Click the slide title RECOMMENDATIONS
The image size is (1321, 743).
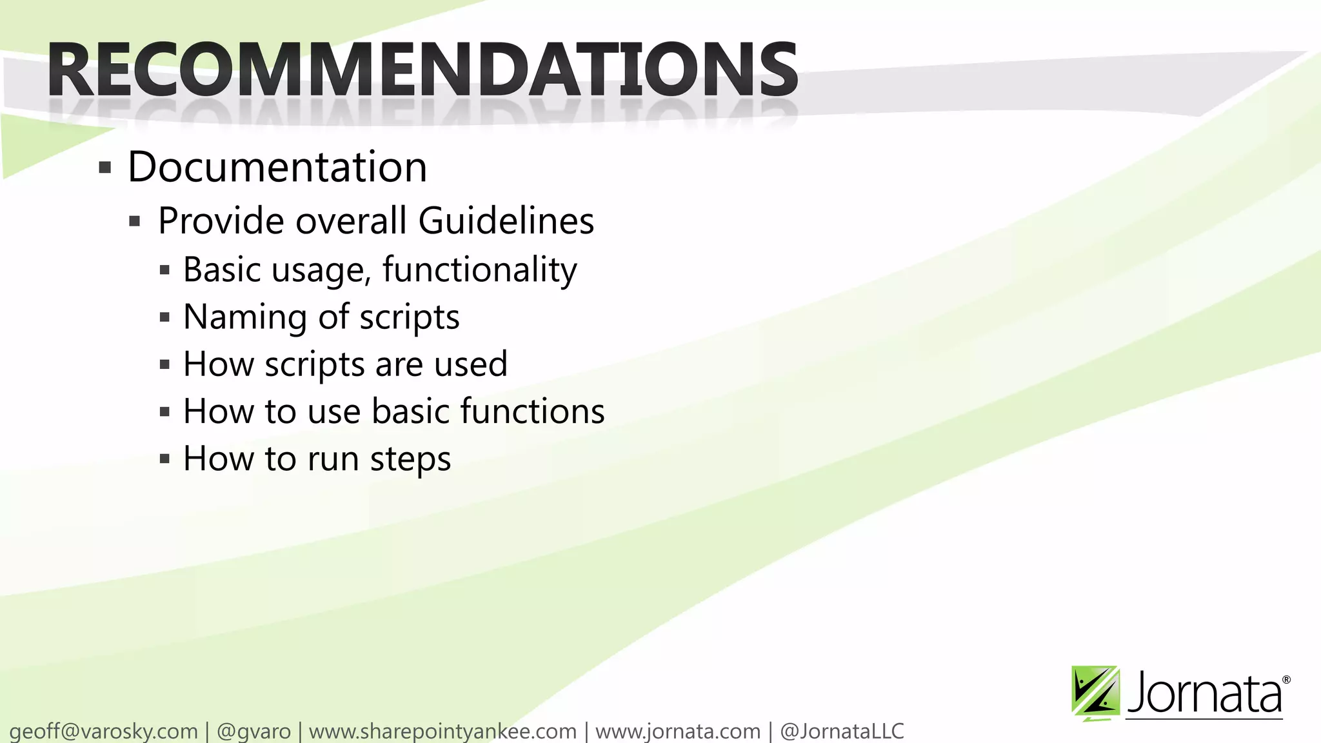tap(422, 70)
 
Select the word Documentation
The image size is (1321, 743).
tap(277, 167)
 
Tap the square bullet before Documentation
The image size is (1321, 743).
tap(105, 168)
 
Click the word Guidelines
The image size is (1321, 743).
tap(506, 221)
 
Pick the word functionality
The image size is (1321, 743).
tap(479, 270)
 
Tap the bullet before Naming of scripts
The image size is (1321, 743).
tap(164, 317)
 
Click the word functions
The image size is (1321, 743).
tap(533, 411)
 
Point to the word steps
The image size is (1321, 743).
tap(410, 459)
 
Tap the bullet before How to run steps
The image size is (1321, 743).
tap(164, 459)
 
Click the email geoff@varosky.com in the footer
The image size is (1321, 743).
tap(104, 731)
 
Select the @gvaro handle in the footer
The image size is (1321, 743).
tap(253, 731)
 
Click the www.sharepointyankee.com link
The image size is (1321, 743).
tap(442, 731)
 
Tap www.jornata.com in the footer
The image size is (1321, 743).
tap(678, 731)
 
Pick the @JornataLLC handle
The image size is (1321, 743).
tap(842, 731)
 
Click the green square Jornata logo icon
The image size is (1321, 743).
tap(1095, 693)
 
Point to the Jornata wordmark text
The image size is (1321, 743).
tap(1204, 694)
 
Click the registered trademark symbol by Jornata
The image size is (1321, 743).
tap(1286, 680)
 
